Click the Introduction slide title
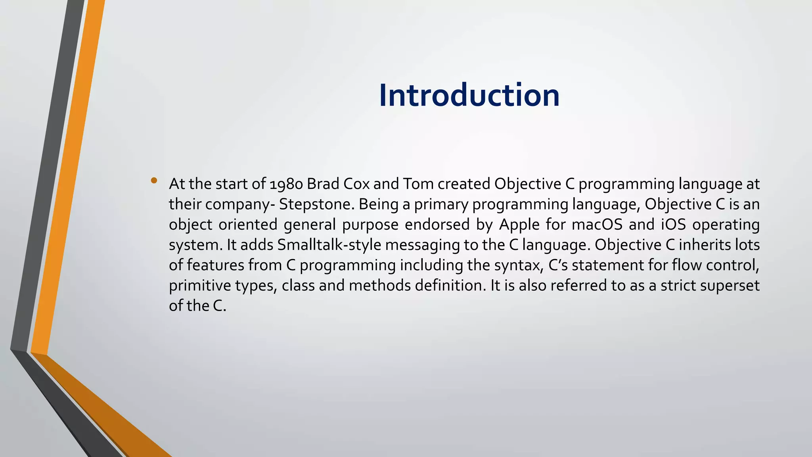click(x=469, y=95)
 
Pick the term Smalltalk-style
click(x=329, y=245)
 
